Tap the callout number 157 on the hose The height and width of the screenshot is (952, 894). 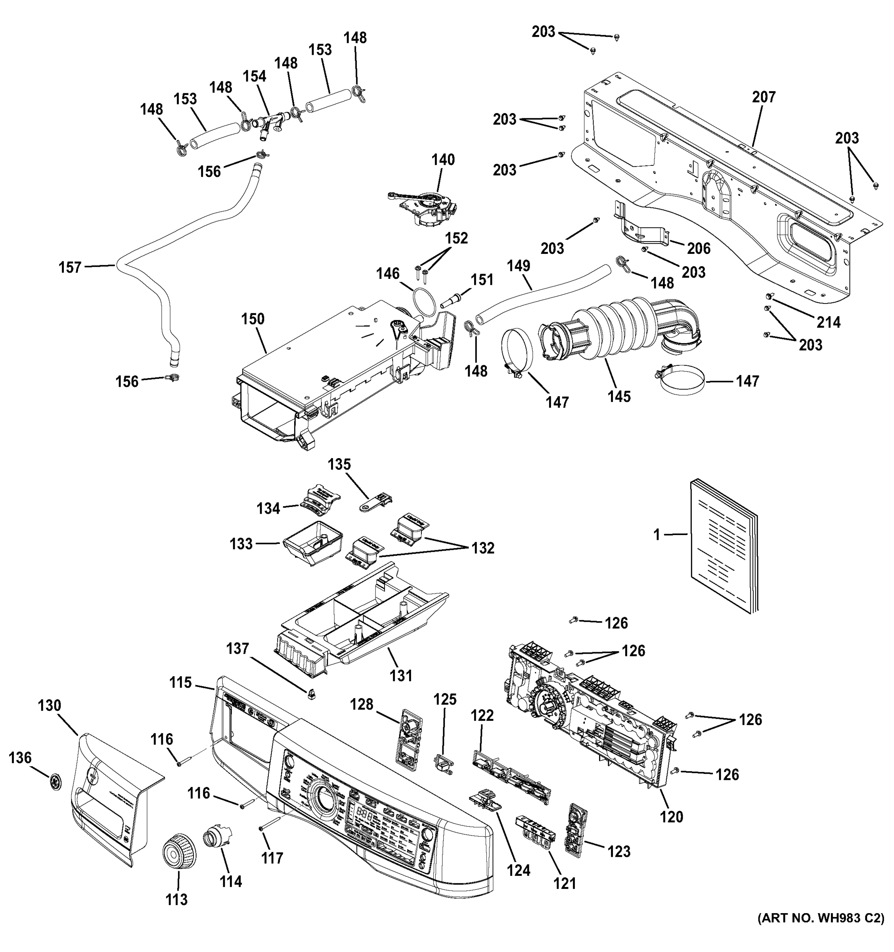pyautogui.click(x=70, y=267)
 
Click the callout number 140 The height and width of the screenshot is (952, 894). pyautogui.click(x=443, y=160)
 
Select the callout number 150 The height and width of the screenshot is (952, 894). pyautogui.click(x=253, y=319)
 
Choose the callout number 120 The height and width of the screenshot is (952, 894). pyautogui.click(x=672, y=817)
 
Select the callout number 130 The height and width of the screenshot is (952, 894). pyautogui.click(x=50, y=705)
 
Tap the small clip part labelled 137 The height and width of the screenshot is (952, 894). pyautogui.click(x=312, y=694)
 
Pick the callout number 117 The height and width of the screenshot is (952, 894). pyautogui.click(x=272, y=858)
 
